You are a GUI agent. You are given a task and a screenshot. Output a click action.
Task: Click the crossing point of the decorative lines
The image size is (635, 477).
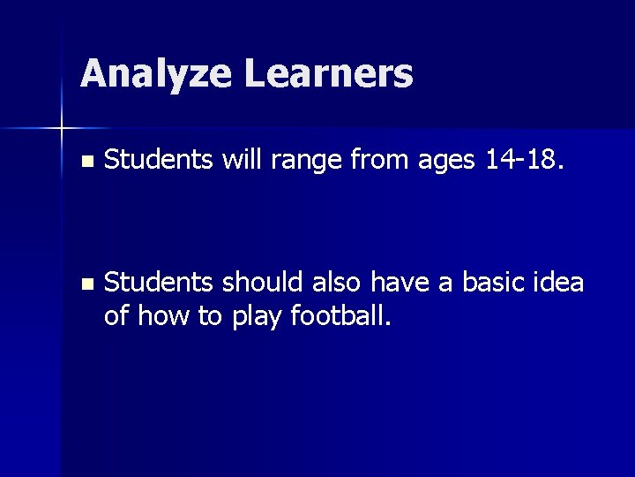(x=62, y=129)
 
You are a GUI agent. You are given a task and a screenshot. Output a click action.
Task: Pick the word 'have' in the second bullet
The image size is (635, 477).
(x=398, y=282)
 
